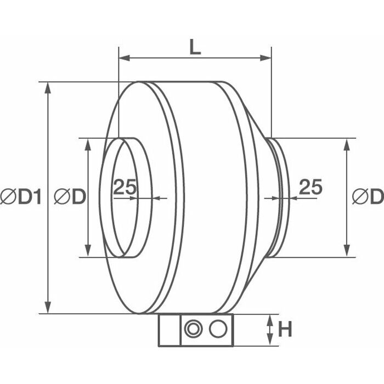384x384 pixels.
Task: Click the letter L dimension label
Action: (x=195, y=47)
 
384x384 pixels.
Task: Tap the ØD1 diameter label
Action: (x=21, y=196)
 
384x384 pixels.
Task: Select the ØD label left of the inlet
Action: (x=70, y=196)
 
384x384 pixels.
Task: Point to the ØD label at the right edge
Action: (x=368, y=196)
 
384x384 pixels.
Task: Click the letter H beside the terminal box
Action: (x=285, y=329)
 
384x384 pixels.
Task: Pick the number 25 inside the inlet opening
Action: (x=125, y=187)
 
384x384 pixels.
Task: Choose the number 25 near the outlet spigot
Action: (x=311, y=187)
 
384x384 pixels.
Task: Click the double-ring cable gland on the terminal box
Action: (x=193, y=329)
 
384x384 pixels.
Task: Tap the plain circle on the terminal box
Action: (x=218, y=329)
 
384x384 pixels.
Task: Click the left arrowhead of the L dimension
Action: (x=124, y=58)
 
